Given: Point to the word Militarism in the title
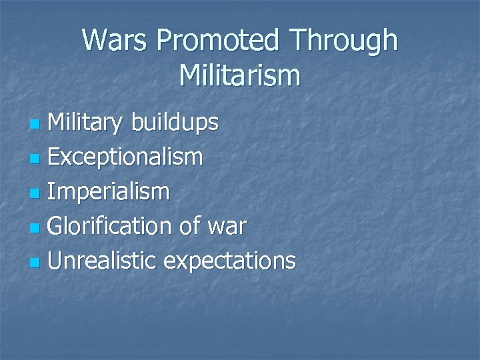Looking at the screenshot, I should coord(240,75).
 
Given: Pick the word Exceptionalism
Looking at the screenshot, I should coord(126,159).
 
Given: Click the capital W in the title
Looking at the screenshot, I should coord(95,41).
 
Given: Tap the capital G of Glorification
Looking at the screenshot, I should coord(57,227).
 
